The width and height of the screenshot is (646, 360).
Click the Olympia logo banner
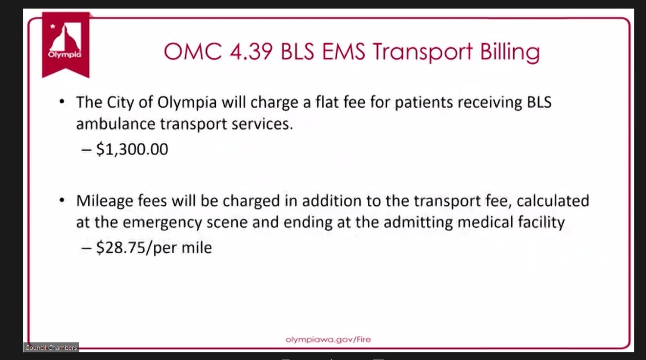click(66, 45)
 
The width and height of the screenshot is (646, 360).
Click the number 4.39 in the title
click(251, 52)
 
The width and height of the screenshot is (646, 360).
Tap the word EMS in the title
click(344, 52)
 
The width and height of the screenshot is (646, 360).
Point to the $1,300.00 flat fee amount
click(132, 149)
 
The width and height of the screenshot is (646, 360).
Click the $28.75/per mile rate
click(154, 248)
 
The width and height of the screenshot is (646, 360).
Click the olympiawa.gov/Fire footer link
click(328, 339)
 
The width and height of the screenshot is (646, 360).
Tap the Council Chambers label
click(51, 348)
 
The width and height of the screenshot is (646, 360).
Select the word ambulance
click(116, 124)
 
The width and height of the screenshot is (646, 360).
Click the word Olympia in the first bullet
click(187, 103)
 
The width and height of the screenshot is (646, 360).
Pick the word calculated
click(553, 201)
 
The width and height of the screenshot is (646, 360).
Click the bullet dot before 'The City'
click(62, 102)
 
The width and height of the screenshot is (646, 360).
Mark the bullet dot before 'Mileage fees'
click(62, 200)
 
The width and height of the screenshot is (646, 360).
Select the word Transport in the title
click(422, 52)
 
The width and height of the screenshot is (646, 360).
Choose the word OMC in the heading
click(193, 52)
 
